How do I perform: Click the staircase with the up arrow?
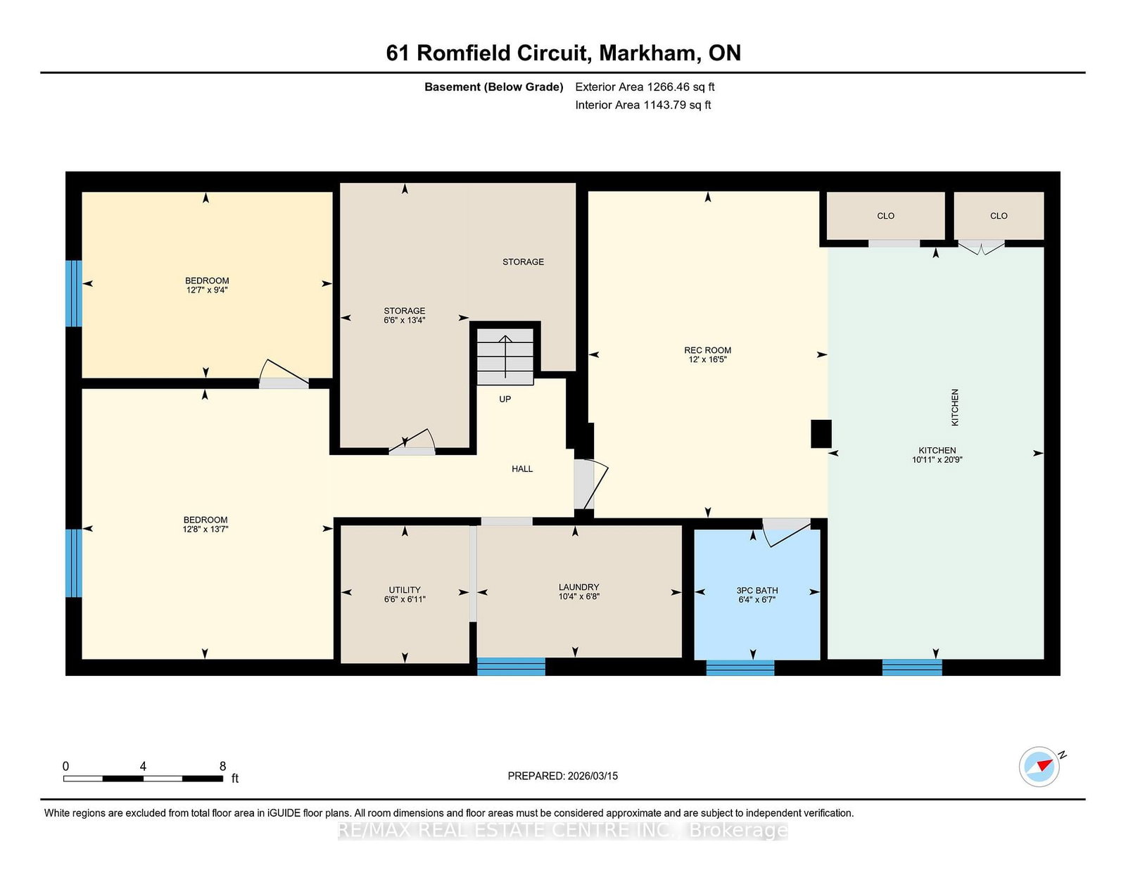[505, 357]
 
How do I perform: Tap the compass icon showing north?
[1039, 767]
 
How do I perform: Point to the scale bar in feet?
[143, 779]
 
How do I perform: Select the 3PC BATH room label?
[757, 590]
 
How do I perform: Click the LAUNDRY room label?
[578, 587]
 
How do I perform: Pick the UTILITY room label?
[405, 590]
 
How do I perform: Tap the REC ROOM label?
[707, 350]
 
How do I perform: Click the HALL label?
[522, 468]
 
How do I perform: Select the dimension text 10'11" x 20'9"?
[937, 459]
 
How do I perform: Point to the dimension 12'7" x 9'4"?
[207, 290]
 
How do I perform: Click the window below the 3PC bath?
[740, 667]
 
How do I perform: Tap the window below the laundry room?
[511, 667]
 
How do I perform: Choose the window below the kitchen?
[912, 667]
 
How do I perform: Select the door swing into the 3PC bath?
[787, 532]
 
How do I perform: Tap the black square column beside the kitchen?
[821, 433]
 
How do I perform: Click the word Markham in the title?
[647, 53]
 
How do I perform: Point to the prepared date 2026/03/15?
[593, 776]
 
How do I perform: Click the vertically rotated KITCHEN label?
[955, 407]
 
